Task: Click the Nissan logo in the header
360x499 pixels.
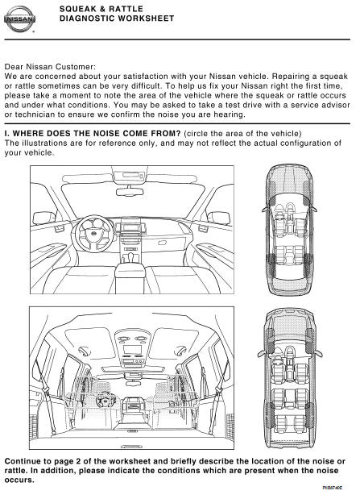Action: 19,19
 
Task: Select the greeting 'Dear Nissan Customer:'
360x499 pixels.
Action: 50,67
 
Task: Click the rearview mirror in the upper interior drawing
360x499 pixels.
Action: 130,192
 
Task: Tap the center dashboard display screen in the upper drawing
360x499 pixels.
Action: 130,227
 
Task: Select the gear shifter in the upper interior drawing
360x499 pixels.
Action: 130,257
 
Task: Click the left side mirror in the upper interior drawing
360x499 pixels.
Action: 43,218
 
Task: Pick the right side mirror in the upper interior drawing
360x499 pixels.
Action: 219,218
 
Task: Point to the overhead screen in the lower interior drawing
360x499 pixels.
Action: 132,349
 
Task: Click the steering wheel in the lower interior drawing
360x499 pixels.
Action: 104,401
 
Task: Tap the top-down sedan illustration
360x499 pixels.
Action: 289,229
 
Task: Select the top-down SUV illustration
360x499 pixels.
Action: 290,380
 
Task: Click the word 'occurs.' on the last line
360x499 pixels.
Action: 19,480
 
